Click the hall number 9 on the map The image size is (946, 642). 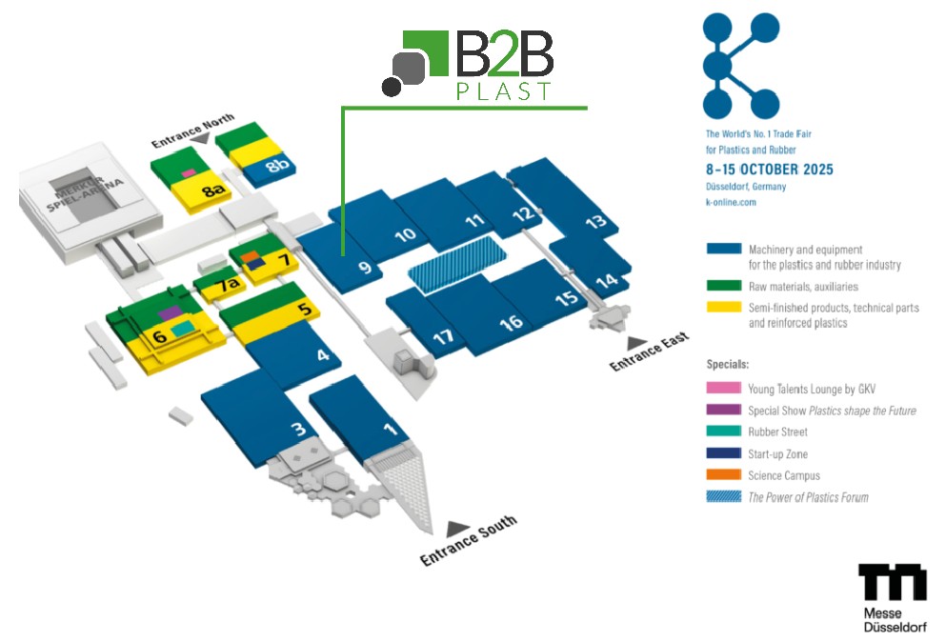364,268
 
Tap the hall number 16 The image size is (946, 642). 511,322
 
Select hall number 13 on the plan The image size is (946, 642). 595,222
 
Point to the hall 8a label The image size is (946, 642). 212,191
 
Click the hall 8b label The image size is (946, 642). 276,166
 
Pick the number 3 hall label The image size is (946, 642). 298,430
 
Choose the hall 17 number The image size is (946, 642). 443,337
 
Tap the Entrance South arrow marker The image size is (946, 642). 458,527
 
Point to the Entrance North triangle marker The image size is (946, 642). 200,138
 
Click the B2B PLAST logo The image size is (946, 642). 469,65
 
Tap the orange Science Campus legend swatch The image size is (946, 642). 723,475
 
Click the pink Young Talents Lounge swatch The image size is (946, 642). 723,389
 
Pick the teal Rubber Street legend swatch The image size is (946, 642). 723,432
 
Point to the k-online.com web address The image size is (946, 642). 731,202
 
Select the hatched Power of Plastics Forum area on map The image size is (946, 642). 456,259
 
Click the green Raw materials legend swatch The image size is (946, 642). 723,286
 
